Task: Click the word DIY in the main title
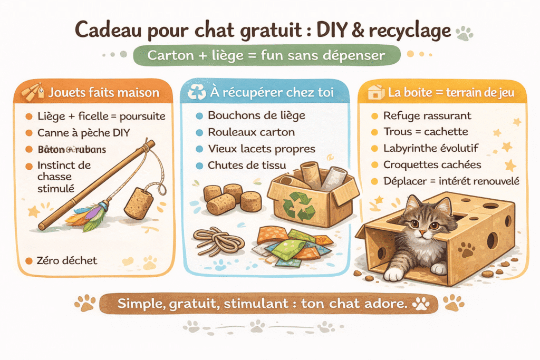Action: tap(331, 30)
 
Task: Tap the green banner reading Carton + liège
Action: tap(266, 55)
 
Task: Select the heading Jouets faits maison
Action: tap(104, 93)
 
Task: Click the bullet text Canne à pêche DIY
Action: tap(84, 133)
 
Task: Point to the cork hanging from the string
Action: tap(139, 203)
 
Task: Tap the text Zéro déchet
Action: tap(67, 260)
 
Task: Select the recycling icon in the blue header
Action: tap(197, 92)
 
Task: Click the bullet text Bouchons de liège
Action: tap(257, 115)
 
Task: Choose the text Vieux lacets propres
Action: tap(262, 149)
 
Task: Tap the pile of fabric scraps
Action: tap(292, 245)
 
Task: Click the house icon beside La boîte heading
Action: tap(376, 92)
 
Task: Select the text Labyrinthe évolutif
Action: tap(431, 148)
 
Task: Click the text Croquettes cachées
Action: tap(432, 165)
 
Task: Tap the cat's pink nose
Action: tap(422, 232)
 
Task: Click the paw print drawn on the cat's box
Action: tap(466, 249)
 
